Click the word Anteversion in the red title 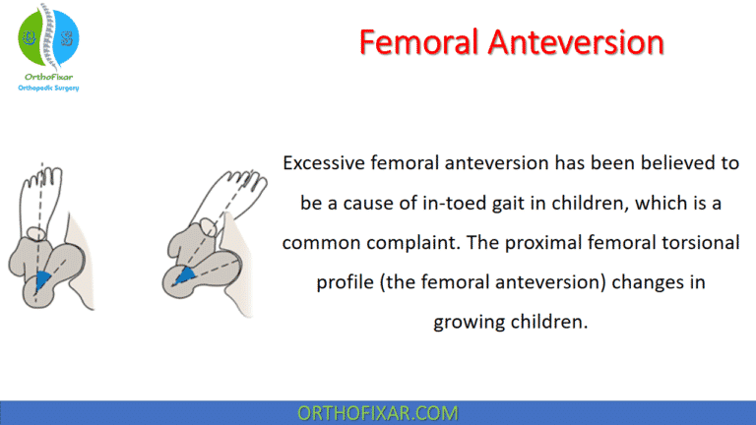[574, 42]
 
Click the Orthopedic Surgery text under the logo [49, 88]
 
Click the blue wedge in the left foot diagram [40, 281]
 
